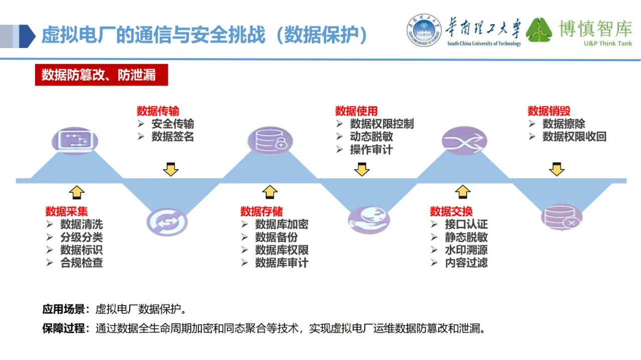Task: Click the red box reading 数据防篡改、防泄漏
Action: (x=101, y=75)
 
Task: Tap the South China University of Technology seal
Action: (x=424, y=31)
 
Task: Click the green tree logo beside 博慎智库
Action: (x=539, y=31)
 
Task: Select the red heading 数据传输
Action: (x=158, y=111)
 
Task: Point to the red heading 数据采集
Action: (x=67, y=211)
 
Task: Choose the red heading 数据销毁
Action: (x=549, y=111)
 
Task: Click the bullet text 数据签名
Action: (x=172, y=137)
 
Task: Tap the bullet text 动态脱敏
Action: (x=371, y=137)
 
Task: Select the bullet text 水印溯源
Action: (x=466, y=250)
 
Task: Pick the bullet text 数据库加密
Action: (x=281, y=224)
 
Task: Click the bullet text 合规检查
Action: (x=82, y=263)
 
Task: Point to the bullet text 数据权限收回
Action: (x=574, y=137)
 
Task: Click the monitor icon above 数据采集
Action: (x=75, y=141)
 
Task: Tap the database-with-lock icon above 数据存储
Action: (x=270, y=140)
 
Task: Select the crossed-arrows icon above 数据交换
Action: (x=464, y=140)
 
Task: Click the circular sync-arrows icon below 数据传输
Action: (x=167, y=222)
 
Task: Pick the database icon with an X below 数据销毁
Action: (x=561, y=217)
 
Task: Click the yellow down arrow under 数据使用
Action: (x=362, y=170)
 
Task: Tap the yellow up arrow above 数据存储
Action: (x=270, y=192)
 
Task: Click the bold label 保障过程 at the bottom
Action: (x=64, y=328)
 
